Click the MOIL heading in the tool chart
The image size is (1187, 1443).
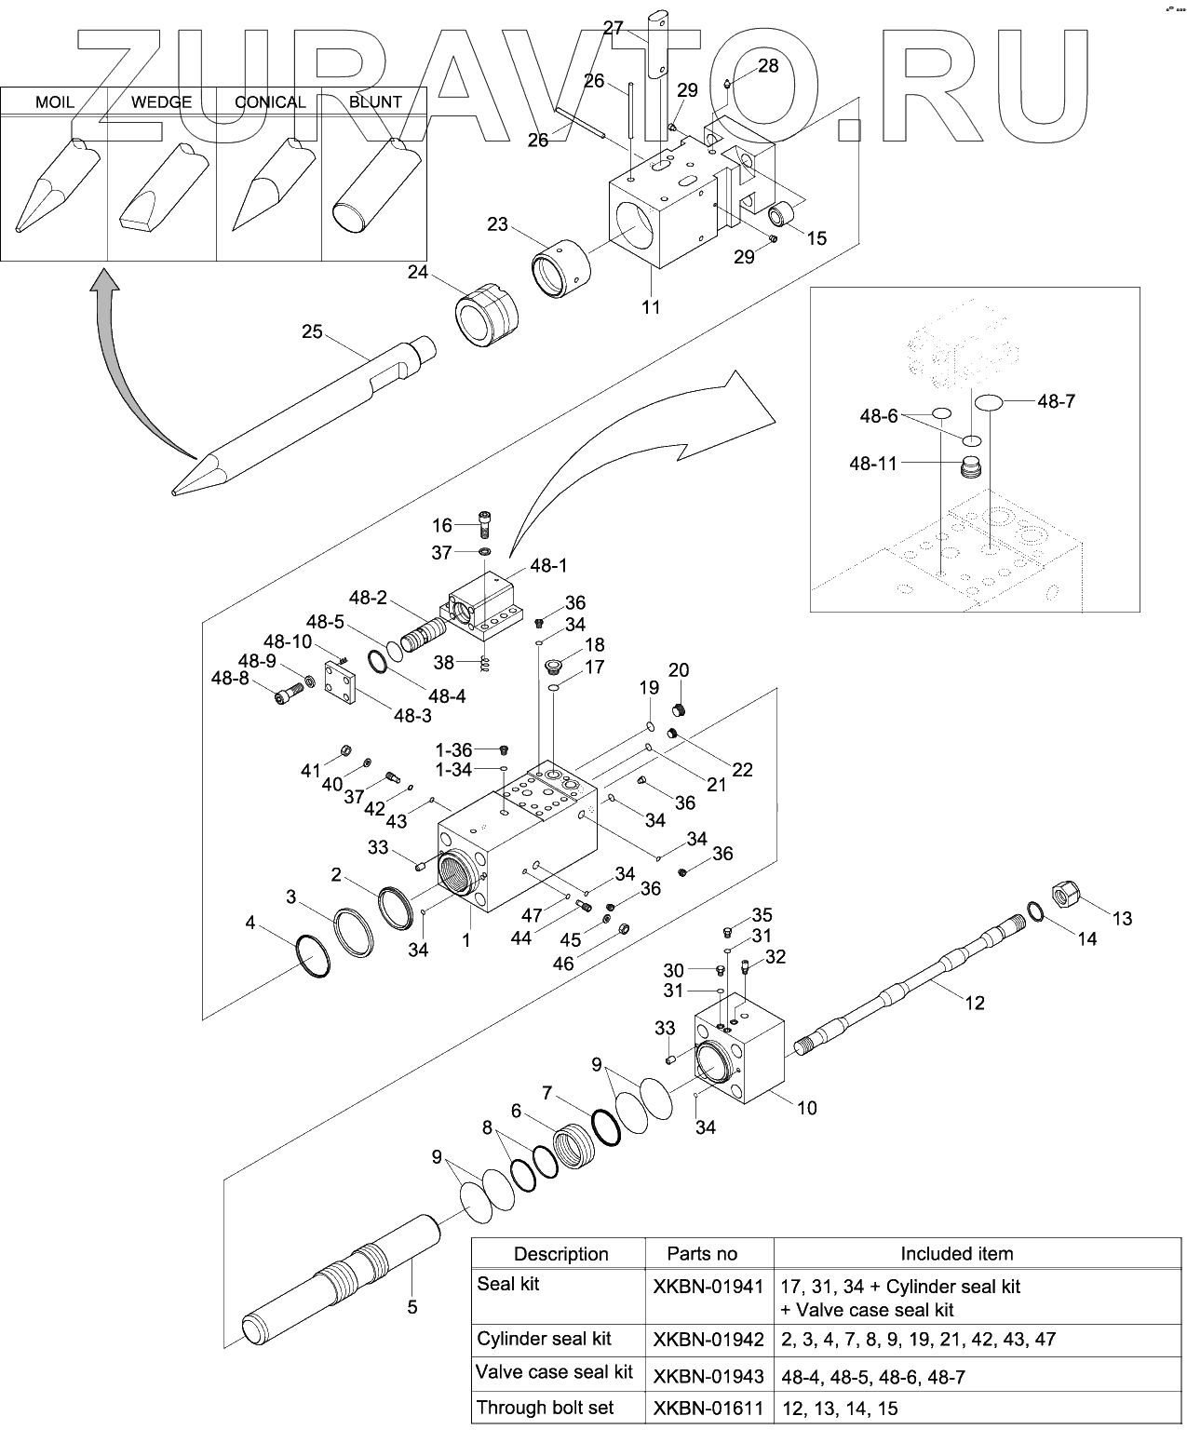[54, 101]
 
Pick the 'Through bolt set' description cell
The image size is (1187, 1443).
[545, 1408]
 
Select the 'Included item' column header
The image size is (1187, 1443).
[956, 1254]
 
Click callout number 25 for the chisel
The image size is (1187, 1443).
[312, 331]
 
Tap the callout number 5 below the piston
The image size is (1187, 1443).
[412, 1307]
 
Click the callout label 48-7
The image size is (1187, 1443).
[1056, 401]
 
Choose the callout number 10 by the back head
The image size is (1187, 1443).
[806, 1108]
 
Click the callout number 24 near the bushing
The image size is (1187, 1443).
[417, 273]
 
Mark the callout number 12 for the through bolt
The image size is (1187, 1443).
[974, 1003]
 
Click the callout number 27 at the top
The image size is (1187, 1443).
[614, 28]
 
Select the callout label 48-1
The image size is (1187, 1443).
[548, 565]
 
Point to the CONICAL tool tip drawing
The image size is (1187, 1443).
[265, 186]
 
